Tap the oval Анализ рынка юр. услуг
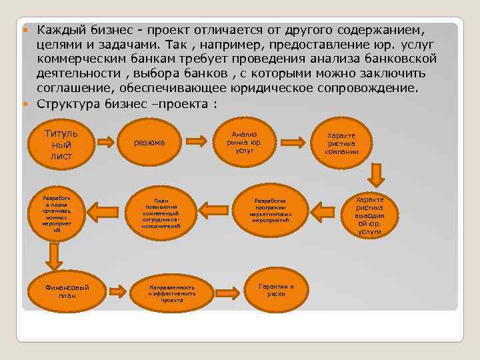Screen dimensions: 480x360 (244, 142)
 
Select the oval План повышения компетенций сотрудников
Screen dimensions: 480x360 (161, 213)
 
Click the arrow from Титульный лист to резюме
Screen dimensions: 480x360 (105, 141)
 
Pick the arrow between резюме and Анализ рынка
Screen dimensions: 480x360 (195, 141)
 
